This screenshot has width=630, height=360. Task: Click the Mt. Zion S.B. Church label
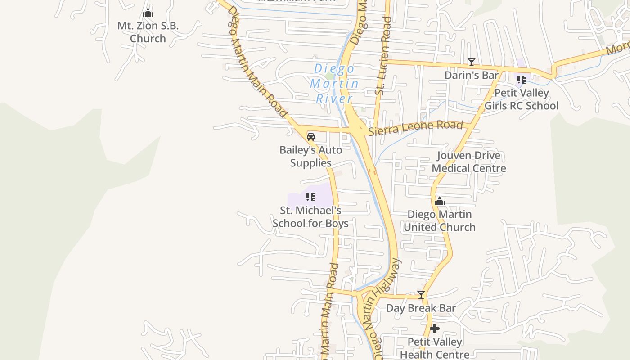point(148,32)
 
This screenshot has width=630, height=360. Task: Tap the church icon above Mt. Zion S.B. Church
point(148,13)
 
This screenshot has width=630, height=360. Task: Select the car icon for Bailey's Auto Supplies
point(310,137)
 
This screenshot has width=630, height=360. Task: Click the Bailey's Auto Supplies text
point(310,156)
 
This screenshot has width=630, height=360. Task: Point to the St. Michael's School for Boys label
point(310,216)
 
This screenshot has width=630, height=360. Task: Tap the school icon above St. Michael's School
point(310,197)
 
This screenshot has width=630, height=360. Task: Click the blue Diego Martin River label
point(334,84)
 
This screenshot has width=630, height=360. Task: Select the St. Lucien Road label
point(383,56)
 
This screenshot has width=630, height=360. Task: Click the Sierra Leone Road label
point(415,127)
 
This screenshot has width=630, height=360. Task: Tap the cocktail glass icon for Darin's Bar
point(471,62)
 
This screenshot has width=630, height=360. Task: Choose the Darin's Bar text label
point(471,75)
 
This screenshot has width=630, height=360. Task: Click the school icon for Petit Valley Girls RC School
point(521,80)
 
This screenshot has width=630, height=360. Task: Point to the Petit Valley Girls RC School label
point(521,99)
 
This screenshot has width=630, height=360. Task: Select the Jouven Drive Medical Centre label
point(469,162)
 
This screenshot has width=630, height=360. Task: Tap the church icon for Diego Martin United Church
point(440,201)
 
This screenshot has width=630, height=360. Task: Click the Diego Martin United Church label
point(440,220)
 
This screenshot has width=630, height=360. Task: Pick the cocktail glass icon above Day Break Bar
point(421,295)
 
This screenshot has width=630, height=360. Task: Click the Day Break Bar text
point(421,308)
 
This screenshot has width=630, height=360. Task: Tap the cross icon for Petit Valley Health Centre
point(434,329)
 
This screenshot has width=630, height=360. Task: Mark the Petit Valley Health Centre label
point(434,348)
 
